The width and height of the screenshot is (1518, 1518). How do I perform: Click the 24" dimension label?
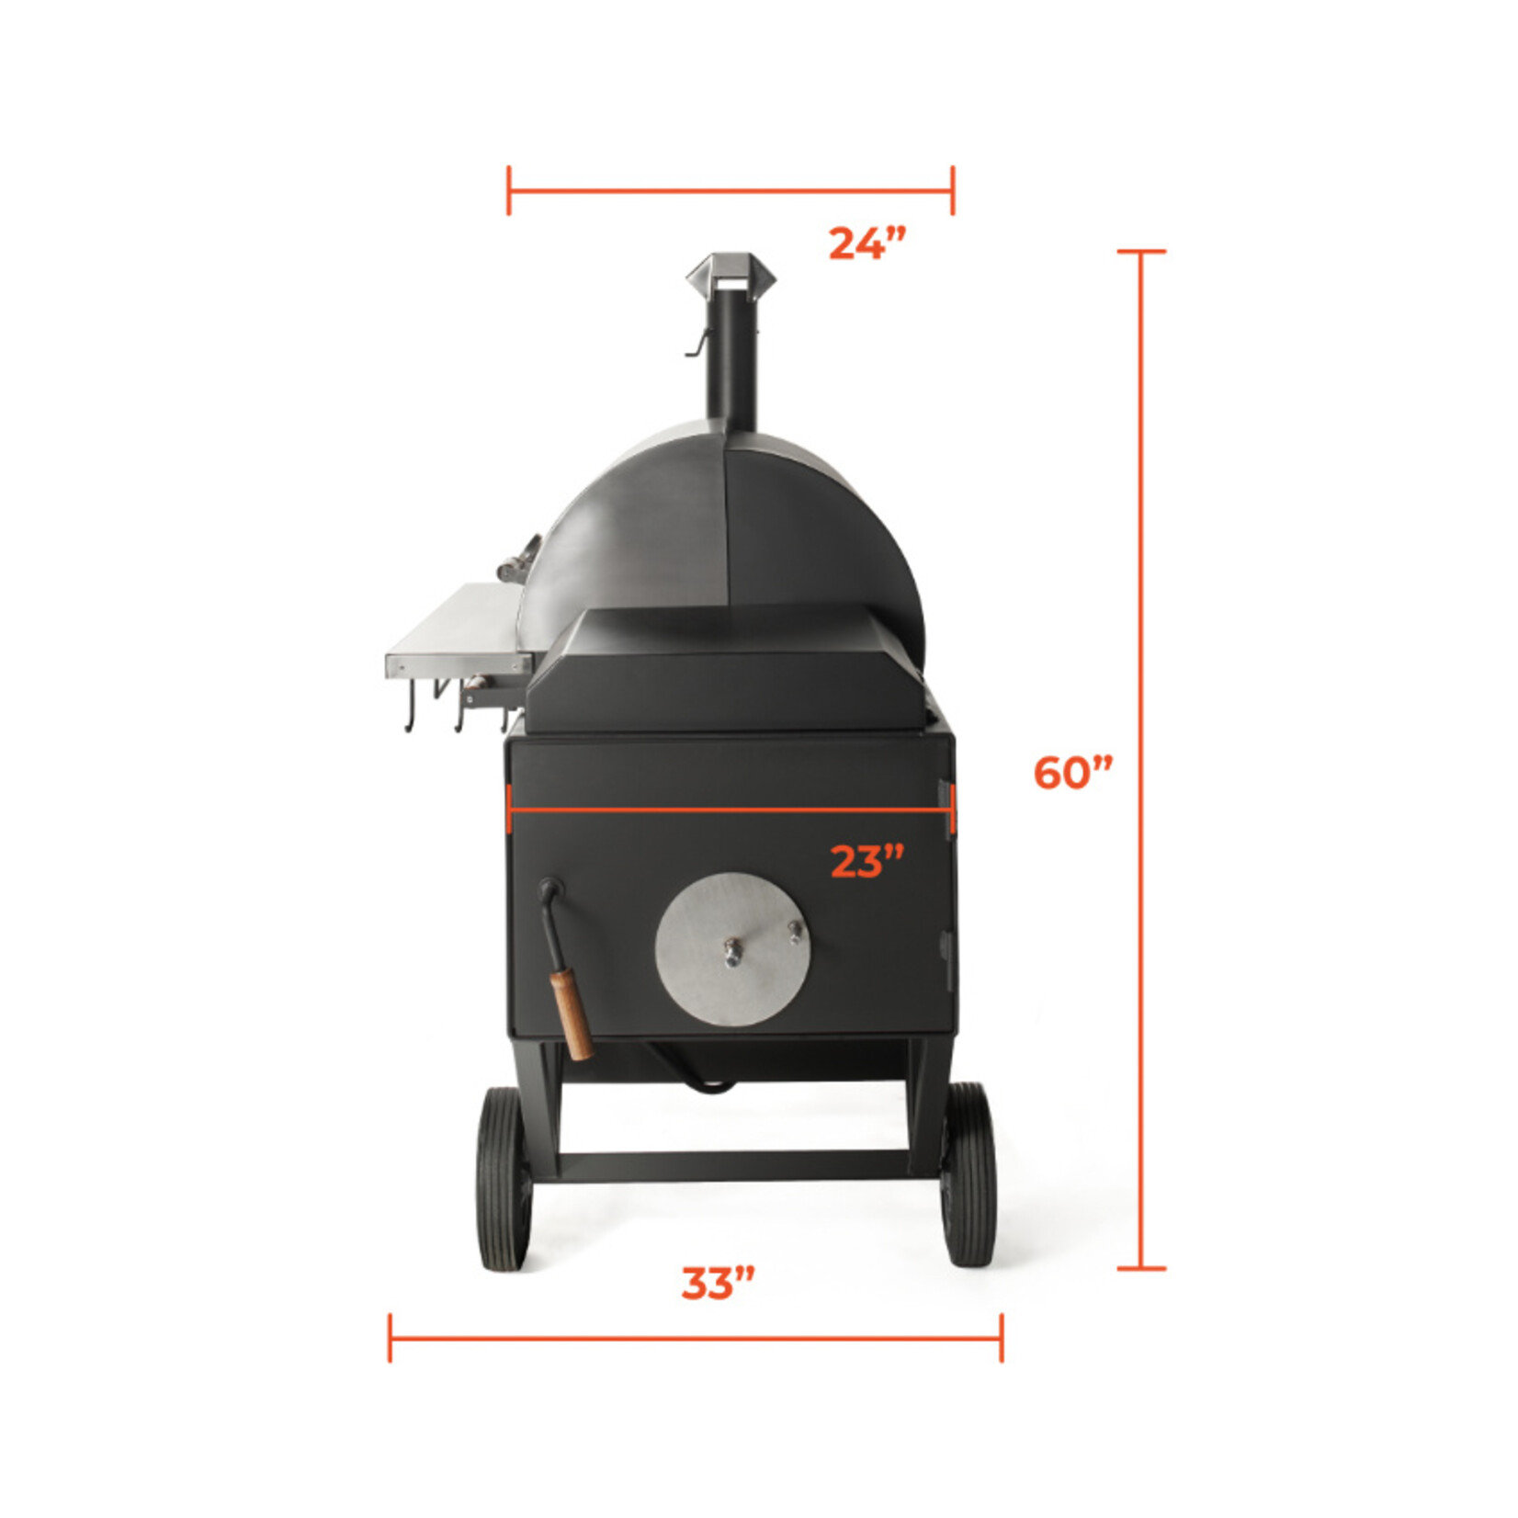pos(867,244)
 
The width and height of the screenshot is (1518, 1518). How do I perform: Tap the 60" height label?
pos(1073,772)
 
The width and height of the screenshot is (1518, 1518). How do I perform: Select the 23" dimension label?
pos(867,861)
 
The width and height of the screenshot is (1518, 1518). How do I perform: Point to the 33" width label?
pos(718,1284)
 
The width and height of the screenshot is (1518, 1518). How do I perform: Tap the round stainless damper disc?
pos(732,949)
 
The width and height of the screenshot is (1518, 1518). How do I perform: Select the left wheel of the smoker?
pos(504,1179)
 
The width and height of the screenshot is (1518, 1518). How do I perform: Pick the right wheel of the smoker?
pos(968,1175)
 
